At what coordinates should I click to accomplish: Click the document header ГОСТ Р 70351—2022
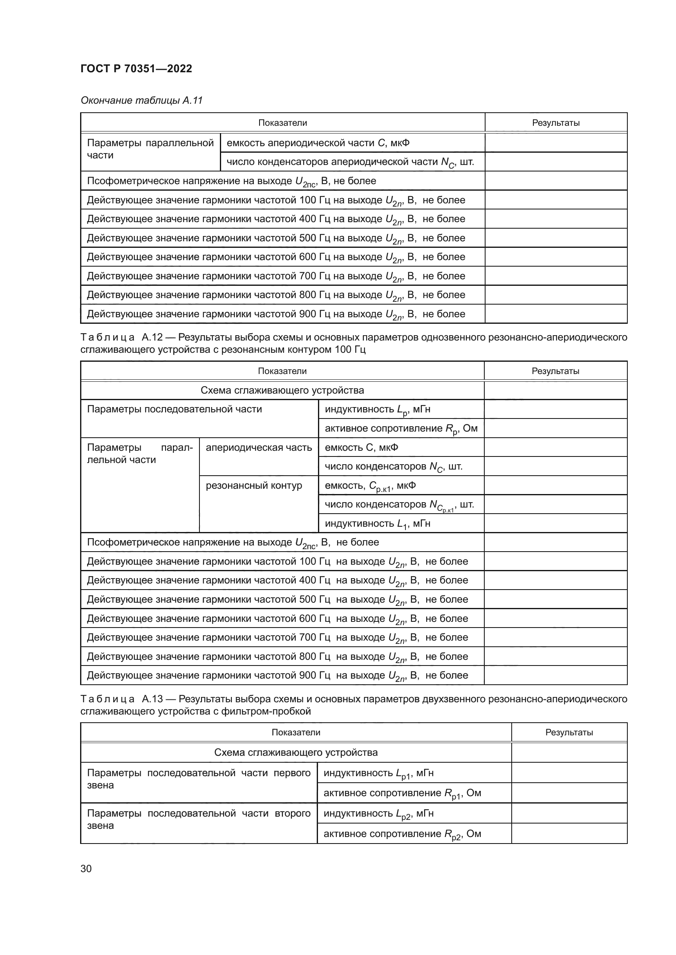pyautogui.click(x=136, y=69)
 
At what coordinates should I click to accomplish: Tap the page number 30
pyautogui.click(x=86, y=868)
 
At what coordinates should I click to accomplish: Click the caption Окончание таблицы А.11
pyautogui.click(x=141, y=100)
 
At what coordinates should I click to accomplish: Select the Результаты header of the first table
pyautogui.click(x=556, y=123)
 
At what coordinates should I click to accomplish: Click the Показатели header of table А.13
pyautogui.click(x=295, y=732)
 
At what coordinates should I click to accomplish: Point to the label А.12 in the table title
pyautogui.click(x=152, y=337)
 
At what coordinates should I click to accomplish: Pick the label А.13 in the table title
pyautogui.click(x=152, y=699)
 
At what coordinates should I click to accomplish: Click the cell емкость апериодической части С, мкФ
pyautogui.click(x=318, y=143)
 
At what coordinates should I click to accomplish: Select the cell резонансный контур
pyautogui.click(x=254, y=485)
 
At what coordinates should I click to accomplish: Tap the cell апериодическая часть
pyautogui.click(x=258, y=447)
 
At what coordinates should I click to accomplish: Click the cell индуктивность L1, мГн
pyautogui.click(x=378, y=523)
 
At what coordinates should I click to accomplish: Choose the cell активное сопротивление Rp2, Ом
pyautogui.click(x=402, y=834)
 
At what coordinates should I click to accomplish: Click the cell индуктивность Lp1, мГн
pyautogui.click(x=378, y=773)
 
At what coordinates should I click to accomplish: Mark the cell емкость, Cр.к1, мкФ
pyautogui.click(x=370, y=485)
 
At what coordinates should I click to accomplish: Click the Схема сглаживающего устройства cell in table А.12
pyautogui.click(x=282, y=390)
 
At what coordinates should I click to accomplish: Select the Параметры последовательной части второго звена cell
pyautogui.click(x=199, y=819)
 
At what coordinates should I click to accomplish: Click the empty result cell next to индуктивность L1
pyautogui.click(x=555, y=523)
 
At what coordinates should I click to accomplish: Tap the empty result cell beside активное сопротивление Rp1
pyautogui.click(x=569, y=793)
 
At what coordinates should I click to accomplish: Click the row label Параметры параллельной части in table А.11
pyautogui.click(x=150, y=149)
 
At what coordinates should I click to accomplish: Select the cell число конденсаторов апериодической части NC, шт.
pyautogui.click(x=350, y=162)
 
